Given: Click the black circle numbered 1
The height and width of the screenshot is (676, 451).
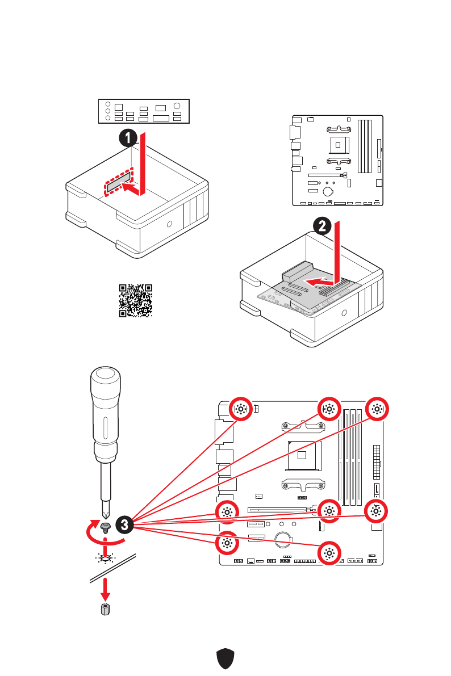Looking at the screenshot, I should (x=129, y=138).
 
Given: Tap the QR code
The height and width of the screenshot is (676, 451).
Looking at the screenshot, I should (x=136, y=300).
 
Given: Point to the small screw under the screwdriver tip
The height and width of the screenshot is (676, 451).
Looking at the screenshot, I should (x=105, y=527).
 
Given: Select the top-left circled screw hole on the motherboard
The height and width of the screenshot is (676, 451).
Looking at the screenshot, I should (x=240, y=409).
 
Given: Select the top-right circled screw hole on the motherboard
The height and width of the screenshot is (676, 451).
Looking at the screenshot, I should (x=375, y=409).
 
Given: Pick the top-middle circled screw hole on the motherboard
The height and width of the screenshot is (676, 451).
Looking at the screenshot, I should (x=328, y=409).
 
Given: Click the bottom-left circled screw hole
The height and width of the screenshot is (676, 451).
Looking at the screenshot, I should (x=227, y=543).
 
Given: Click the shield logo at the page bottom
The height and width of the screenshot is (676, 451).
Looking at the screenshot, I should (x=225, y=659).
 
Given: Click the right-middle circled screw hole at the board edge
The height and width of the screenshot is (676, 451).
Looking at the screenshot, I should (x=375, y=511).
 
